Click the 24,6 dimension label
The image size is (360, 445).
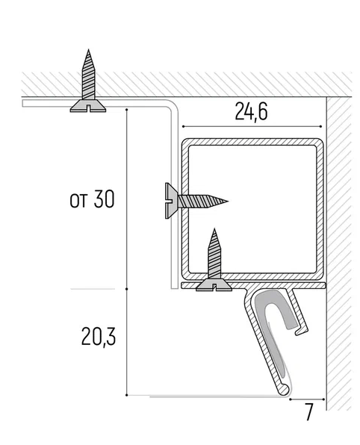[251, 112]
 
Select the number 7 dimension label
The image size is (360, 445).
[309, 411]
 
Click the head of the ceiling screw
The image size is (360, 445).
[88, 106]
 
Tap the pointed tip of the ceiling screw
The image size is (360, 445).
[89, 50]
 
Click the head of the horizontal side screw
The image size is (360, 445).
[171, 201]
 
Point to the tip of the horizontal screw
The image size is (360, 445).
[227, 201]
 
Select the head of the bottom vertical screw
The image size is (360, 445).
[214, 284]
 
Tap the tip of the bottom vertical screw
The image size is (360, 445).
[214, 229]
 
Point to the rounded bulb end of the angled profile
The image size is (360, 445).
[284, 390]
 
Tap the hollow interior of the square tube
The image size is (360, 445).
[252, 209]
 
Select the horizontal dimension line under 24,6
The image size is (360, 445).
[252, 126]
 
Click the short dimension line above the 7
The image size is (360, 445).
[307, 399]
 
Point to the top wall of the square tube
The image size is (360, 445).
[252, 142]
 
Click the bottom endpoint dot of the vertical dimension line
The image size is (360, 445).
[127, 395]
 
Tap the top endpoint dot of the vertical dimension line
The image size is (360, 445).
[127, 109]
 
